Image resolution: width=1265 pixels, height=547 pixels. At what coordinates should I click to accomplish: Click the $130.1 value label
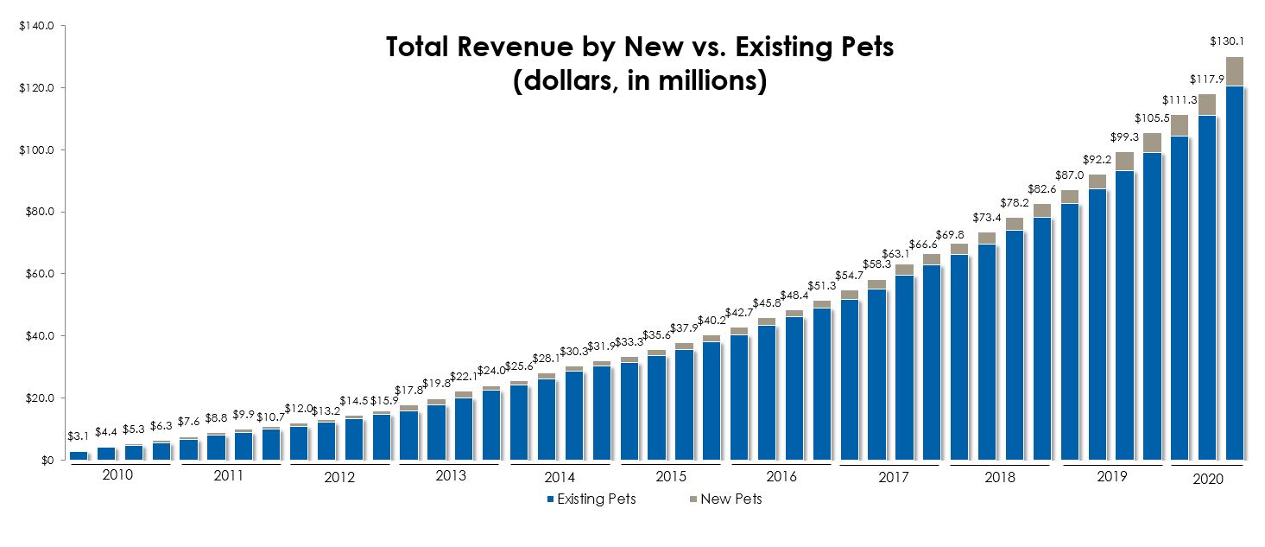(1227, 41)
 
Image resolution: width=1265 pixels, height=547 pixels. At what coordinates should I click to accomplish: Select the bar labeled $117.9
(1207, 277)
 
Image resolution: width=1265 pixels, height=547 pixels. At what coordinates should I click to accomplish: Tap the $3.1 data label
(78, 436)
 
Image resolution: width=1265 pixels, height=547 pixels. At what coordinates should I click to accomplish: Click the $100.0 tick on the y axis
(37, 150)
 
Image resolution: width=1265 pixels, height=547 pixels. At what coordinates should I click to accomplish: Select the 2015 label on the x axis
(670, 476)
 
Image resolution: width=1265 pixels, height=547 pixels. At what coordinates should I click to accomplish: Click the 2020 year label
(1208, 480)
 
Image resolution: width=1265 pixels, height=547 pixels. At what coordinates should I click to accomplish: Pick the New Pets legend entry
(725, 499)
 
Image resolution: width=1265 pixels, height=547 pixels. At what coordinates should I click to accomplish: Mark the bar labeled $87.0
(1070, 325)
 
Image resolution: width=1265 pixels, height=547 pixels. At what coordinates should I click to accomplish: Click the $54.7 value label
(850, 275)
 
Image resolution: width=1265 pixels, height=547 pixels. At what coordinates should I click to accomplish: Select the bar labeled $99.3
(1124, 306)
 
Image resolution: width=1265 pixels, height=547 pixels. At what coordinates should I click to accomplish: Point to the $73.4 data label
(987, 218)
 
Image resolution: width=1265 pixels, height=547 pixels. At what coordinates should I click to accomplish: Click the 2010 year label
(117, 474)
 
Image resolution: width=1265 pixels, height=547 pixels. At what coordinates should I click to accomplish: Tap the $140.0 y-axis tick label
(37, 26)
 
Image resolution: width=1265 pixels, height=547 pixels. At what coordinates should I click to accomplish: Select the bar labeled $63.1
(904, 362)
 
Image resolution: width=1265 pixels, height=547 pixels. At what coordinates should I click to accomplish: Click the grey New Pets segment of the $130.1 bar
(1235, 71)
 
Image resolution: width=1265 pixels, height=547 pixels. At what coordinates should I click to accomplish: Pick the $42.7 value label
(738, 313)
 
